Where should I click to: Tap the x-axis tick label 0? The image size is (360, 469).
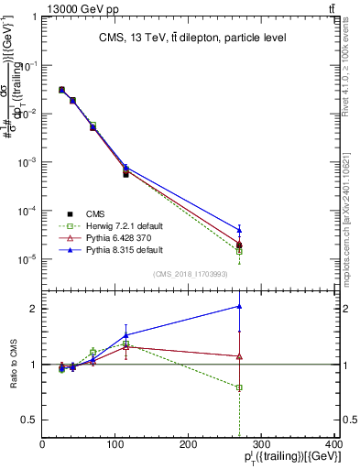click(x=43, y=444)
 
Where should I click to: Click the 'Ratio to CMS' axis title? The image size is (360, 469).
click(x=12, y=364)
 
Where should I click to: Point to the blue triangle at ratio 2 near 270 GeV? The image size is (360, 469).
click(x=239, y=306)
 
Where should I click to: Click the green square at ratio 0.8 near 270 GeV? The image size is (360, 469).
click(x=239, y=387)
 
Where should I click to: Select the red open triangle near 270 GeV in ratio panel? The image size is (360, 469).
click(x=239, y=356)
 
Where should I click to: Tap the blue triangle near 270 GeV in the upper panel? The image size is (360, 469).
click(x=239, y=230)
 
